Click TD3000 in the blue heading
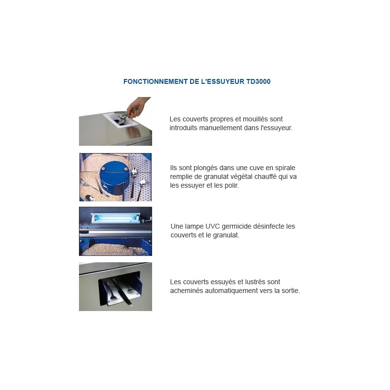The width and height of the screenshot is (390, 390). (x=258, y=81)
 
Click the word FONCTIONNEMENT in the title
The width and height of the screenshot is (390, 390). (x=156, y=81)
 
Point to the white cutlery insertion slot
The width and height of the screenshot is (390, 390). (x=120, y=120)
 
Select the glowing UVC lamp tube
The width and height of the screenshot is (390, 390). (x=116, y=218)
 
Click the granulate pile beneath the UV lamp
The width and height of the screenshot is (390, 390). (x=115, y=249)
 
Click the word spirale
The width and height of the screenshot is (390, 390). (x=285, y=168)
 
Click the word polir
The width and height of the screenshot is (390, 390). (x=231, y=185)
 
